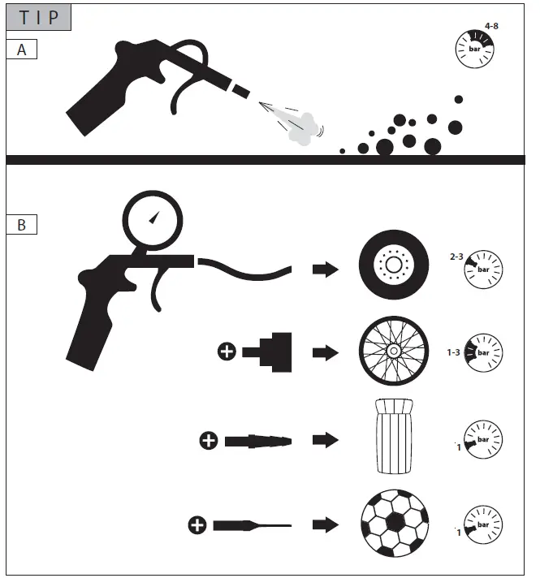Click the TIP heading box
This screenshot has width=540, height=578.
pos(40,17)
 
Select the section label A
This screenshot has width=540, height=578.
pos(22,50)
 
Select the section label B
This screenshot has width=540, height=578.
pos(22,225)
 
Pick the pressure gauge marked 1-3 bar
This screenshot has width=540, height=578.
pos(483,353)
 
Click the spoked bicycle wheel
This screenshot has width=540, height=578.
pos(394,352)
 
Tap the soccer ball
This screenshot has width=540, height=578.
pos(394,523)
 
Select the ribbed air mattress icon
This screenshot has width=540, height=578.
pos(394,436)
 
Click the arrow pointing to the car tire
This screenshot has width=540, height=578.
pos(326,269)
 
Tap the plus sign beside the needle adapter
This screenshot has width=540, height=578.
pos(197,526)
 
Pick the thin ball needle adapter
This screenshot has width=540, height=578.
pos(251,526)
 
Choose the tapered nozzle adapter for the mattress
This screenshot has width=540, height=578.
pos(257,441)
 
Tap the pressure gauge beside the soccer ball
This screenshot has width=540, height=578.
pos(483,523)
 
